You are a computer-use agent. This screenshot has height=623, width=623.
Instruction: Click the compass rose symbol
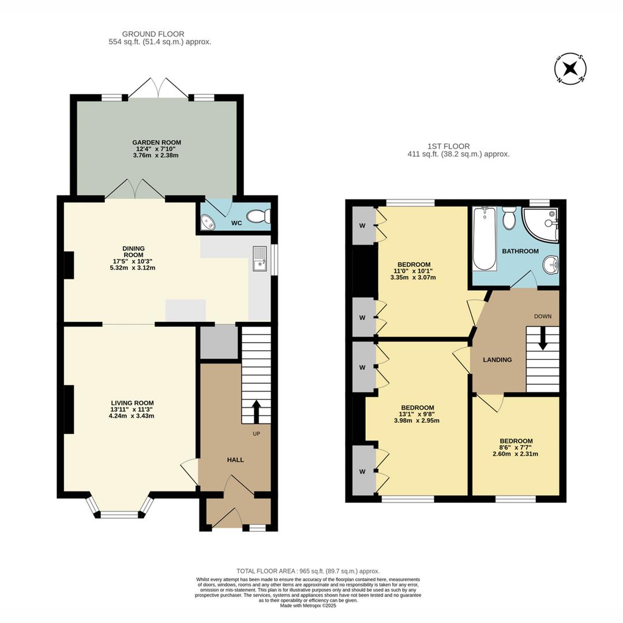pos(571,68)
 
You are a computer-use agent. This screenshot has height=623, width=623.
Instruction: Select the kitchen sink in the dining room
pos(260,258)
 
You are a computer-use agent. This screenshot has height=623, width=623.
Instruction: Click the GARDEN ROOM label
pos(156,142)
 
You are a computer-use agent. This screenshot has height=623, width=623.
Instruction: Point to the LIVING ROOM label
pos(132,403)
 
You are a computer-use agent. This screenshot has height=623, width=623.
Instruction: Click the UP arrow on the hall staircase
pos(256,412)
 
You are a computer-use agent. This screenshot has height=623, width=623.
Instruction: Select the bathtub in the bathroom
pos(485,239)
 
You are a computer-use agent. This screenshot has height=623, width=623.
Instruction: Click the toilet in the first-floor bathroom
pos(508,218)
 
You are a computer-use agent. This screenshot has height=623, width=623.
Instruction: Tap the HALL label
pos(235,460)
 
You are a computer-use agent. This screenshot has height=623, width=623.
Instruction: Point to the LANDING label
pos(497,359)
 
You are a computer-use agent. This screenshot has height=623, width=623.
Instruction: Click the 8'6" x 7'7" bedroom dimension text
pos(516,447)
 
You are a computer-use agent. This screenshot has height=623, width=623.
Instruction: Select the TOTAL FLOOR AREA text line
pos(308,571)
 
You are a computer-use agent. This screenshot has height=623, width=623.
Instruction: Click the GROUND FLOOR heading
pos(153,34)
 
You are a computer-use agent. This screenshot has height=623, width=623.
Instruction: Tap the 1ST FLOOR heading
pos(449,146)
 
